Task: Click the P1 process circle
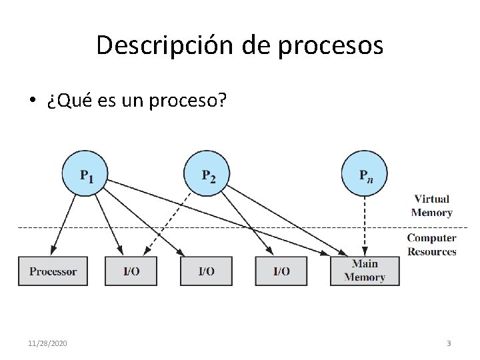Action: click(85, 173)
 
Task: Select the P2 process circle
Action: click(207, 173)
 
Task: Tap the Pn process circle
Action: click(364, 173)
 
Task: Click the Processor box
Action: click(53, 271)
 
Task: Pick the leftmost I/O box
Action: click(131, 271)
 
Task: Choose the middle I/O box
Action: click(207, 271)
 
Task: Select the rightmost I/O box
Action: click(281, 271)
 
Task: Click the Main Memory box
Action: click(365, 271)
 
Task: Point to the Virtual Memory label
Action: click(431, 206)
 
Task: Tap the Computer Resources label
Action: click(431, 245)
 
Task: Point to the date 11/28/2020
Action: click(47, 343)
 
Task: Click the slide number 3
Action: click(449, 343)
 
